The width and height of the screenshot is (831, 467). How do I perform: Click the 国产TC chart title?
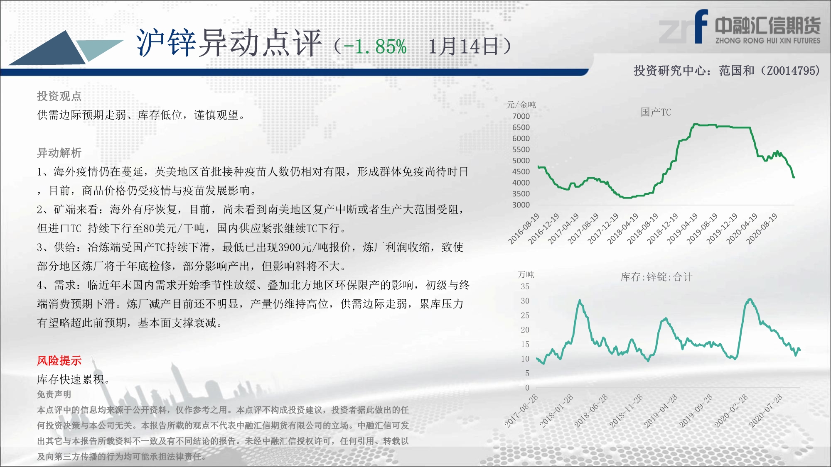click(x=656, y=112)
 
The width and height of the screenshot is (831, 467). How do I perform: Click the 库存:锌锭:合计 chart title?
click(x=656, y=277)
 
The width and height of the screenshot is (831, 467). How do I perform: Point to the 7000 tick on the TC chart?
click(x=521, y=116)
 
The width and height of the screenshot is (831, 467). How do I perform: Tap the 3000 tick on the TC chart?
click(x=521, y=205)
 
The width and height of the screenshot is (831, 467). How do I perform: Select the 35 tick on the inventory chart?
click(x=525, y=286)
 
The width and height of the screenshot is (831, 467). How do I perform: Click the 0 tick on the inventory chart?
click(x=527, y=388)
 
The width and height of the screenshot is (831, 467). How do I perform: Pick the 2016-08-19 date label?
click(x=524, y=228)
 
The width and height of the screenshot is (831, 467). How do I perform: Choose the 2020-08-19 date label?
click(x=762, y=228)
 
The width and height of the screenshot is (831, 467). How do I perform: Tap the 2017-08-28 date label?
click(x=521, y=411)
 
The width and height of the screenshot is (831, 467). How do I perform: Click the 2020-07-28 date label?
click(x=766, y=411)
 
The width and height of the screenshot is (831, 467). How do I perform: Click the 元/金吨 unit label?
click(x=521, y=105)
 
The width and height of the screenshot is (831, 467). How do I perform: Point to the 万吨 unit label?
click(x=526, y=274)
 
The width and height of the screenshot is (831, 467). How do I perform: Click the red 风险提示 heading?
click(x=59, y=360)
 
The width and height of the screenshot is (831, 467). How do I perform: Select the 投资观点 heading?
click(x=59, y=96)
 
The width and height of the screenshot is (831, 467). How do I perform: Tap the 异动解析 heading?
click(x=59, y=153)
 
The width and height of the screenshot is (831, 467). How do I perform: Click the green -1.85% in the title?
click(x=375, y=46)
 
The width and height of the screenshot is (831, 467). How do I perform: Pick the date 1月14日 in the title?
click(x=463, y=46)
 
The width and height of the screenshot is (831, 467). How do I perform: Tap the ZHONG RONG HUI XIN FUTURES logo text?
click(x=768, y=41)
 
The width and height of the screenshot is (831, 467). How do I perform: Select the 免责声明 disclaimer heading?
click(x=54, y=394)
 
